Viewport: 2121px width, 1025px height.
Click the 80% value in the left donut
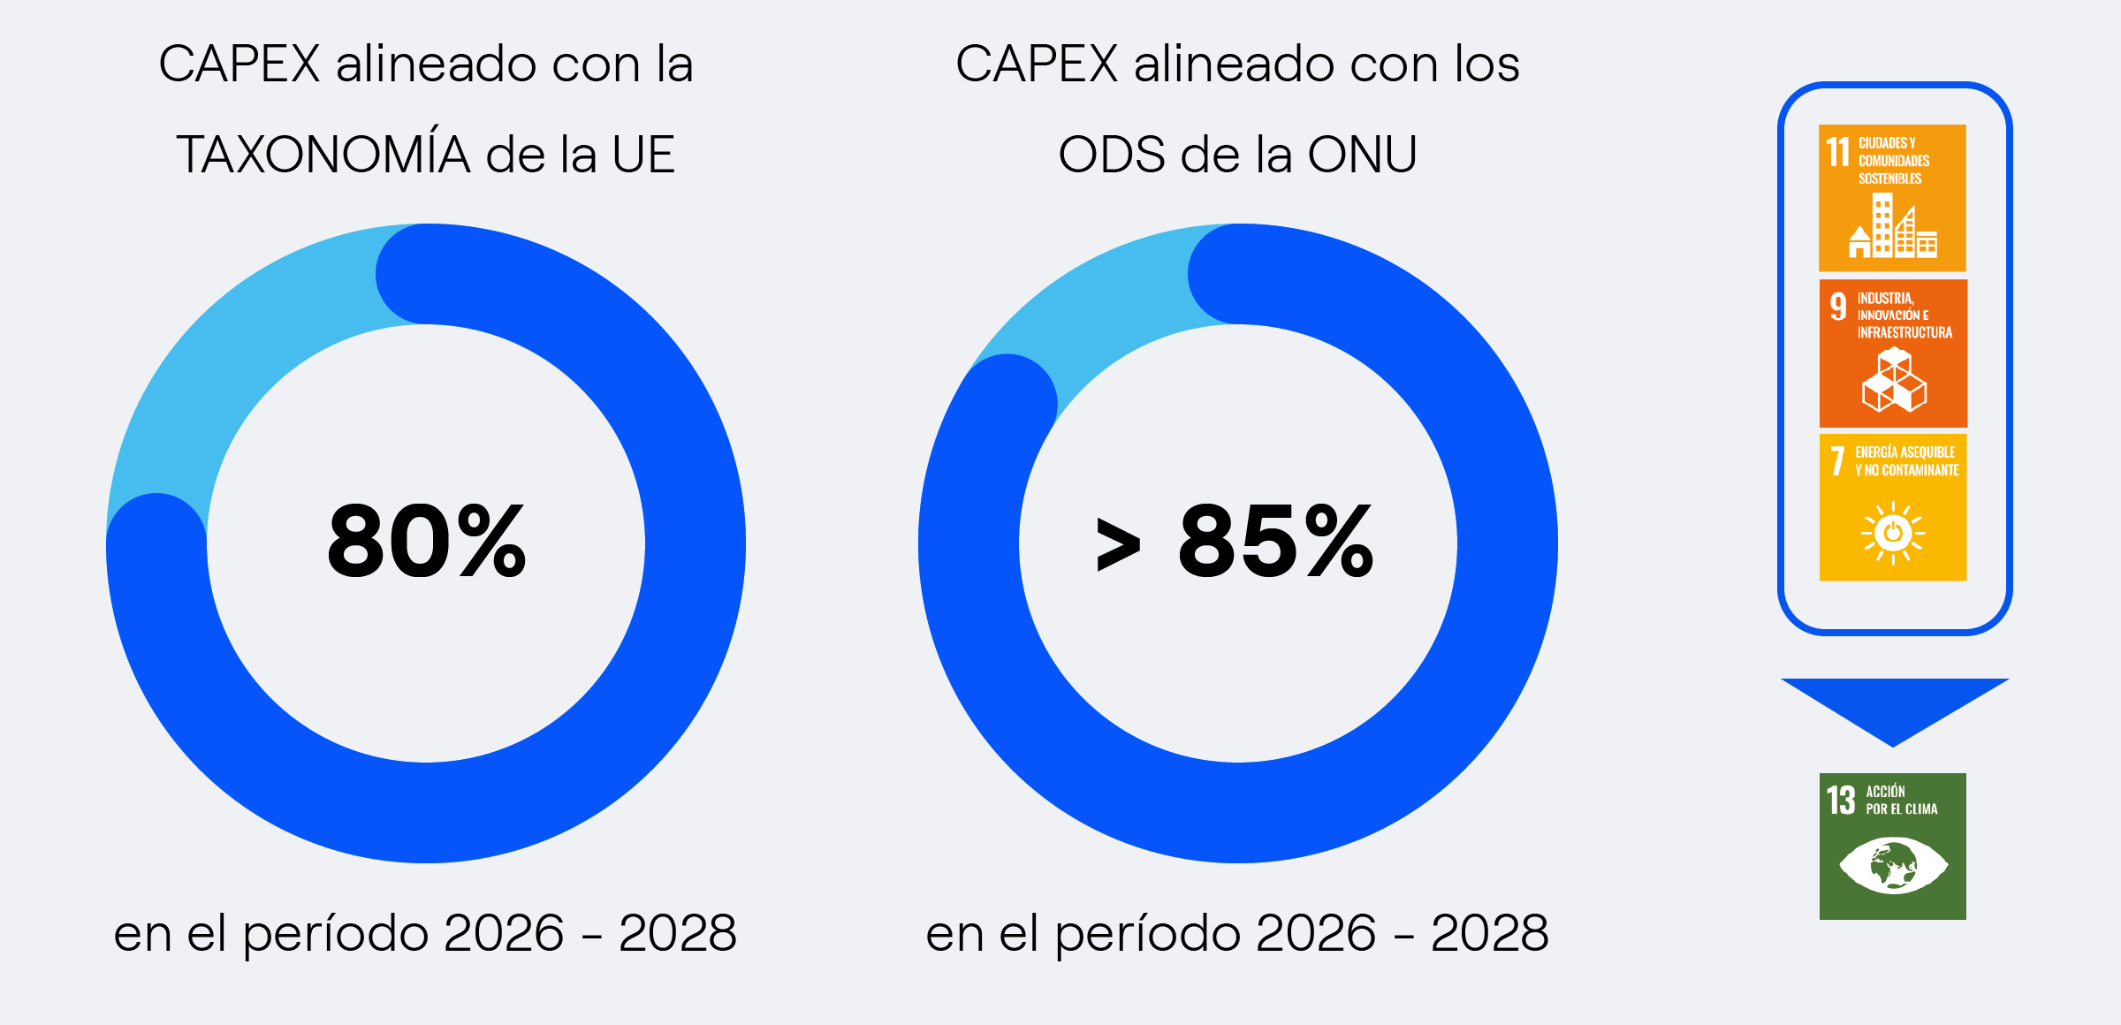click(x=427, y=541)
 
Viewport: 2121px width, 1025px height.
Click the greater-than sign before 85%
click(x=1118, y=544)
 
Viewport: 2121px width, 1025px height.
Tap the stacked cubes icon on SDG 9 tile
click(x=1893, y=381)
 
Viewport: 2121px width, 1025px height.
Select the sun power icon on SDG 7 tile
click(x=1892, y=532)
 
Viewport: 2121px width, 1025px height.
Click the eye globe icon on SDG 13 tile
click(x=1892, y=865)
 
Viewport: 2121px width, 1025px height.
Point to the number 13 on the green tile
click(x=1841, y=801)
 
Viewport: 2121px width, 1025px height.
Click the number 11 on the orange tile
click(x=1838, y=152)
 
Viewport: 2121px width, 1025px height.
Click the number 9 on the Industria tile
click(x=1838, y=307)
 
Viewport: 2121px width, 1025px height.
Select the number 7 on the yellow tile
click(x=1837, y=461)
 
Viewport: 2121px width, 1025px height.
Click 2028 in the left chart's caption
click(x=677, y=933)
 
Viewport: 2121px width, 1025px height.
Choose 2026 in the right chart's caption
click(x=1315, y=933)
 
